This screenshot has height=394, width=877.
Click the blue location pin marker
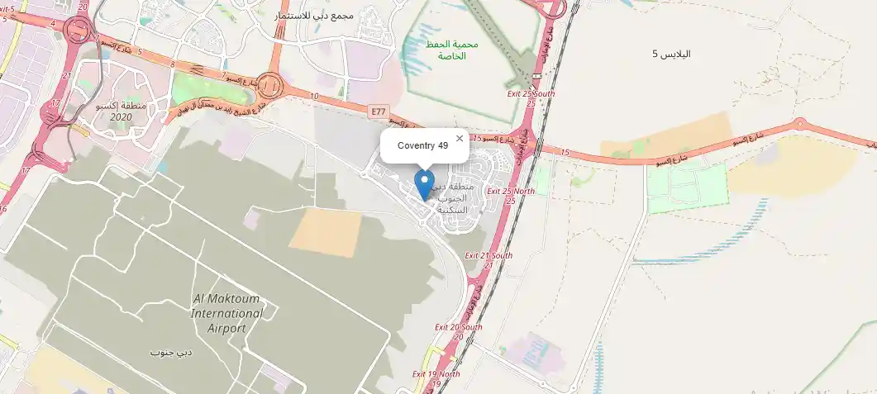[x=424, y=184]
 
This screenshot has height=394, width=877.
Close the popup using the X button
[x=460, y=139]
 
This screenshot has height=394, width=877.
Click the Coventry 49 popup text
[x=422, y=146]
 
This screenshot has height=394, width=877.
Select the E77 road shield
[x=379, y=111]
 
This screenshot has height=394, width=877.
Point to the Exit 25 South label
[x=530, y=94]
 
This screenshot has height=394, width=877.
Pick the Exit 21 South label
[x=489, y=256]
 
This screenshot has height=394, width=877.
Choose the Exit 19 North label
[x=436, y=374]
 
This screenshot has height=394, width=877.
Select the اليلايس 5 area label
[x=671, y=54]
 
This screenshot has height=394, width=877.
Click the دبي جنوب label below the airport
[x=171, y=353]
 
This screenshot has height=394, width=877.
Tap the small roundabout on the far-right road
[x=799, y=124]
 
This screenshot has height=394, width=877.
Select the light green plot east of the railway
[x=686, y=186]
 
